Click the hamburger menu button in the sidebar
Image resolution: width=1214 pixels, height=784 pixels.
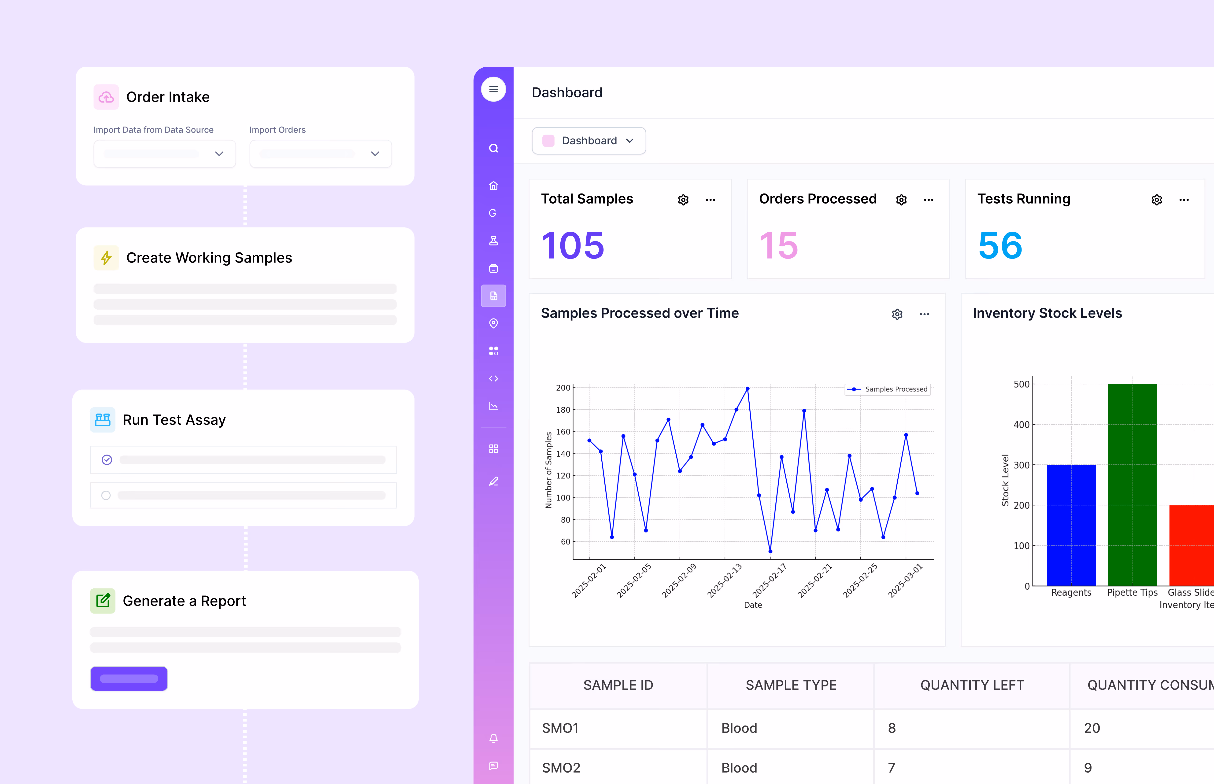493,90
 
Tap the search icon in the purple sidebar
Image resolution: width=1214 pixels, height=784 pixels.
493,148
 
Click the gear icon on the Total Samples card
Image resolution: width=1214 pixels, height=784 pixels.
683,200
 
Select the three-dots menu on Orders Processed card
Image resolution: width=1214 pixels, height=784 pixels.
928,200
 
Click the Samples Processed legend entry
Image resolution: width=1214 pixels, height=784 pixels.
888,390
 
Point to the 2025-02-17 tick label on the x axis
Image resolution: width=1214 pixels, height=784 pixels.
769,580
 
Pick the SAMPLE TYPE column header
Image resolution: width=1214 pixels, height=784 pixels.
791,685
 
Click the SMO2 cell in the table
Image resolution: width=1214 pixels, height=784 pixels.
561,768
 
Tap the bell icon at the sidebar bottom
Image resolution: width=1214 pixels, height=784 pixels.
493,738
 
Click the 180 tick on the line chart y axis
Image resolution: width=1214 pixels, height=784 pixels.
563,410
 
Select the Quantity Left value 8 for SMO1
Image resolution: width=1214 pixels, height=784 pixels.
892,728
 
